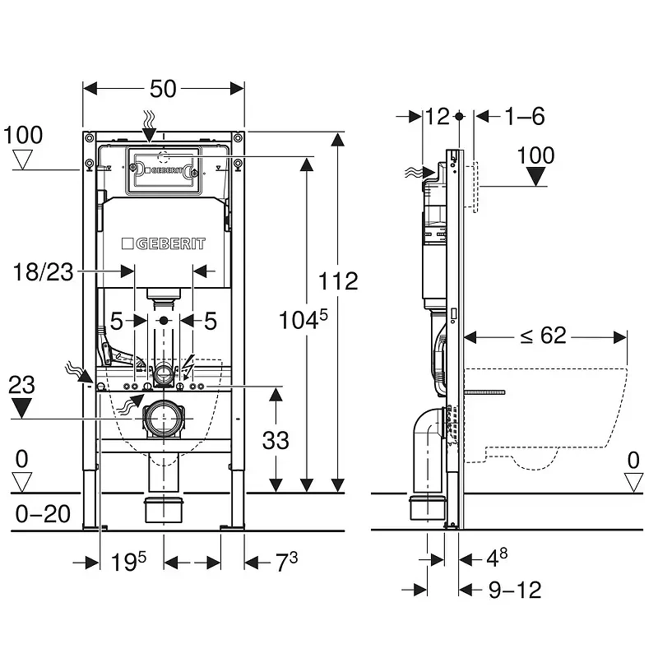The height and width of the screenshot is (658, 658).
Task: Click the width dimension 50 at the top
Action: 163,89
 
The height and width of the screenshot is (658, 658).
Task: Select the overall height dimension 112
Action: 338,280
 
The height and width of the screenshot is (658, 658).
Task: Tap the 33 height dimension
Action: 276,441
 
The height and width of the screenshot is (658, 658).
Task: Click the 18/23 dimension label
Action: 44,272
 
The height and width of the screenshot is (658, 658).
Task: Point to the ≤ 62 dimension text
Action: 543,336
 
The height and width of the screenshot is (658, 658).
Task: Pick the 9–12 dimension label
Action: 516,590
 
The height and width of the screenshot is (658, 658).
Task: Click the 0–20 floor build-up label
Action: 43,513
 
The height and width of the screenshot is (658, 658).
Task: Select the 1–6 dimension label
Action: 525,116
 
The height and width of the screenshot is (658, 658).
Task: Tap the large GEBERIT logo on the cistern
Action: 164,243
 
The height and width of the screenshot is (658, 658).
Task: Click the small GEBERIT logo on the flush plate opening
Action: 164,170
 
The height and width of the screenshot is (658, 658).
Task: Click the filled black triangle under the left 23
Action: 21,408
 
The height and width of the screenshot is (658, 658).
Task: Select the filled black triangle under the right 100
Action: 536,176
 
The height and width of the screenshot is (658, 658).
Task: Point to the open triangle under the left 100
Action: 23,160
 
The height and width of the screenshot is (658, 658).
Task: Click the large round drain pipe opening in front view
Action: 164,419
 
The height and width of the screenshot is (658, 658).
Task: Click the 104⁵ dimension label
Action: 304,320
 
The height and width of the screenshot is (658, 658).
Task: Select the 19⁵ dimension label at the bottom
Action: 128,562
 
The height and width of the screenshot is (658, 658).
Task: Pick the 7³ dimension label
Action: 286,562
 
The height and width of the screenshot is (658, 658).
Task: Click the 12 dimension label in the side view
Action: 438,116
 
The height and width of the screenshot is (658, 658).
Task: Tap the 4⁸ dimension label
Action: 497,558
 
